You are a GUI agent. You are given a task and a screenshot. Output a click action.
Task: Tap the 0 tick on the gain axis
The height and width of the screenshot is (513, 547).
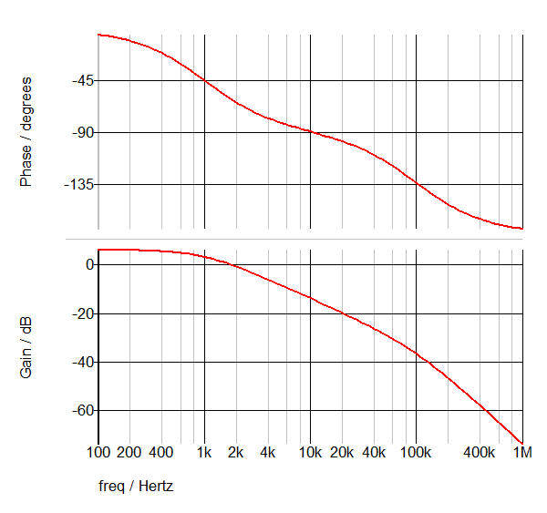(89, 265)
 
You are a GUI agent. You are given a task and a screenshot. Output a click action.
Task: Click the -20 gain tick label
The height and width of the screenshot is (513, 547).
(80, 314)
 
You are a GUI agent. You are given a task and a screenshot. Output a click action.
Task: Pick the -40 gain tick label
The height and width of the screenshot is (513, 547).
(80, 363)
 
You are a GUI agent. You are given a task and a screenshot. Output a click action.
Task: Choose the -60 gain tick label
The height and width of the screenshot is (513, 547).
(80, 411)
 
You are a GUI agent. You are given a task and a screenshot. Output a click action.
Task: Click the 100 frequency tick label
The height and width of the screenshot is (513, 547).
(98, 452)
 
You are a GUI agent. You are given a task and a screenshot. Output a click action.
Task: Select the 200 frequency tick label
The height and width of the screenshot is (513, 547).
(130, 452)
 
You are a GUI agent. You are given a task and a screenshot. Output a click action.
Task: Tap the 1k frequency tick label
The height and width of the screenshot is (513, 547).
(204, 452)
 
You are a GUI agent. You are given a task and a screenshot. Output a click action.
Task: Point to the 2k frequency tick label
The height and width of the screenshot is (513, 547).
(236, 452)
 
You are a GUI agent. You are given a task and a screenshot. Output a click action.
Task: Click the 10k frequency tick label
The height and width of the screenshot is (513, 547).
(310, 452)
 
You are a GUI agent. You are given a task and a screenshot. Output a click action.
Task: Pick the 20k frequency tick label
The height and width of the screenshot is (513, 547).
(342, 452)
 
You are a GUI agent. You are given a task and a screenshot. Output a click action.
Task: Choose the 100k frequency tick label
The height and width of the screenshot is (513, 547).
(416, 452)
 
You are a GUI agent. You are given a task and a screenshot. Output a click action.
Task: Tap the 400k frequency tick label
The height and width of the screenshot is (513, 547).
(480, 452)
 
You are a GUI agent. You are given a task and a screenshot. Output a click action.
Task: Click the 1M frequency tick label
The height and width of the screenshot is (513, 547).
(521, 452)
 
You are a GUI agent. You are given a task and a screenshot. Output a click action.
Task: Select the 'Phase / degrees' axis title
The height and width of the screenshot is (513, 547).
(26, 133)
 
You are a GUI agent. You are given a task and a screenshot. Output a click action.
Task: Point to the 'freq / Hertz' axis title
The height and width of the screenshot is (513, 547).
(136, 486)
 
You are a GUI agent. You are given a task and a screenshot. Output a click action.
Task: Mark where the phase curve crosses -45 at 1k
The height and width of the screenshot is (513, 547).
(204, 81)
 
